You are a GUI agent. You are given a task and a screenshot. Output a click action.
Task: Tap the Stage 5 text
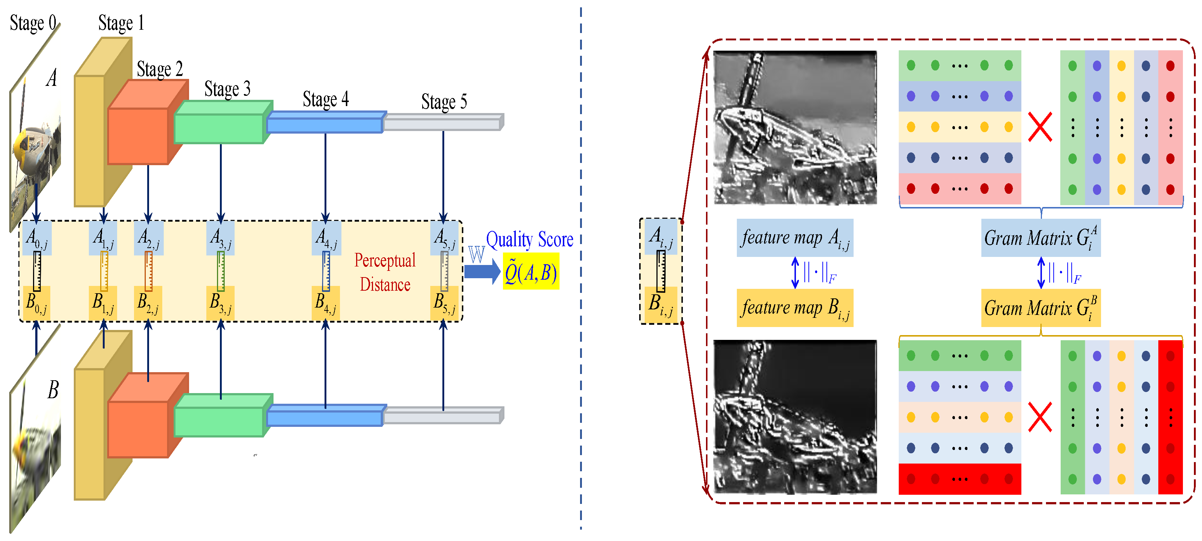point(444,102)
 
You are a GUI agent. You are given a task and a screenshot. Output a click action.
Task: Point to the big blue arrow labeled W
point(482,271)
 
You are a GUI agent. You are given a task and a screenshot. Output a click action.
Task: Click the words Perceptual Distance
point(384,272)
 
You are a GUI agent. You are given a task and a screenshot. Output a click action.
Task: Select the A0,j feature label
point(36,238)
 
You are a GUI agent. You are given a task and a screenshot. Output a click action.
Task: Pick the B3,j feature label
point(220,303)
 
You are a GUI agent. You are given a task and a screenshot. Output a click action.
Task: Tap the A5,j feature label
point(444,238)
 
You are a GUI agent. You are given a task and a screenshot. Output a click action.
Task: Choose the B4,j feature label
point(325,303)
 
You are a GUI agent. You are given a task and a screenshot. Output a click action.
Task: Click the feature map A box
point(794,238)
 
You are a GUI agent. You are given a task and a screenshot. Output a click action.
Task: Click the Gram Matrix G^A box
point(1040,238)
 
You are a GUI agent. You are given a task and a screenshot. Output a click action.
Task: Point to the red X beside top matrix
point(1040,127)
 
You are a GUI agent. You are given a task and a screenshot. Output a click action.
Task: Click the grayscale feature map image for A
point(794,127)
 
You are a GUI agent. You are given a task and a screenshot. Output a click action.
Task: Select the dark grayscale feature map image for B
point(794,417)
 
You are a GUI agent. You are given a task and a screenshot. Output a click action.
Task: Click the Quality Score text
point(530,239)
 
